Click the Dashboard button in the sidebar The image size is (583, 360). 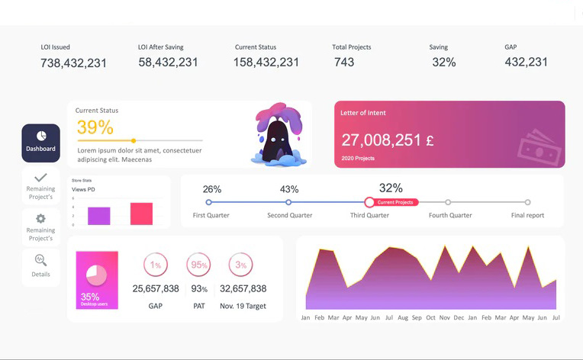click(x=40, y=143)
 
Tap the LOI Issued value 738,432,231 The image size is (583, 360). click(x=73, y=63)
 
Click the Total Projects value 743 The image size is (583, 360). click(x=343, y=63)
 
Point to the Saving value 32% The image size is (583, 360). click(x=443, y=63)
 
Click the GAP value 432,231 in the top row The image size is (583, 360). click(x=526, y=63)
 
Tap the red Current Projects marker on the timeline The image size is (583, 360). click(x=369, y=202)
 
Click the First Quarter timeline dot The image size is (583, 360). click(x=209, y=202)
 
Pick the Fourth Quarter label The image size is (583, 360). click(x=450, y=215)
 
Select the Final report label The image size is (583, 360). click(x=527, y=215)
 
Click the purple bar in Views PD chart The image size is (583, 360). click(x=99, y=216)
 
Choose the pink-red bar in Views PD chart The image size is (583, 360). click(x=141, y=214)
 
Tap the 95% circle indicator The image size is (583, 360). click(x=199, y=265)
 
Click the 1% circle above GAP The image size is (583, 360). click(x=156, y=265)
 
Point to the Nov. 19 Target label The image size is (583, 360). click(x=243, y=305)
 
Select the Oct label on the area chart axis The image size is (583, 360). click(x=430, y=317)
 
